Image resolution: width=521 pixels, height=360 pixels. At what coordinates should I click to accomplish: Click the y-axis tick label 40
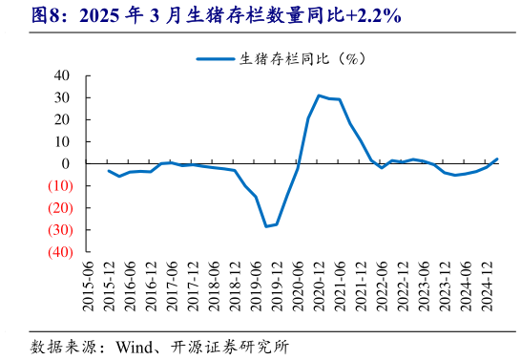62,75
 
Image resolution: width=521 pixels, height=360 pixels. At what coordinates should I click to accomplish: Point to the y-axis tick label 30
62,97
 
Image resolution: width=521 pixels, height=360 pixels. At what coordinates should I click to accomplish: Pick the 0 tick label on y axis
66,164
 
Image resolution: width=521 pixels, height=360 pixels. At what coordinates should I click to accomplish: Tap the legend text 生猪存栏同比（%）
298,58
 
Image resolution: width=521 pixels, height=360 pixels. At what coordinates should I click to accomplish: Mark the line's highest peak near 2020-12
319,95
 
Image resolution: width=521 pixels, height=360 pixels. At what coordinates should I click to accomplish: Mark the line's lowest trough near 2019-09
267,226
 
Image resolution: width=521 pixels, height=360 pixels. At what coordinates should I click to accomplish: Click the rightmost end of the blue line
497,159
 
